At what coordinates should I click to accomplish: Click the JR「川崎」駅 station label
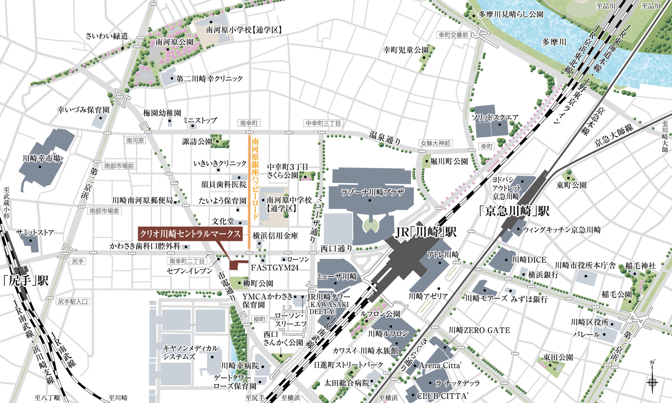[426, 232]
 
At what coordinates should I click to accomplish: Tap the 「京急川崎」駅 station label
[514, 211]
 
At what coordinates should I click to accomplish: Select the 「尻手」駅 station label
[26, 280]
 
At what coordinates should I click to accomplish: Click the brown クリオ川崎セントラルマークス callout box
[190, 234]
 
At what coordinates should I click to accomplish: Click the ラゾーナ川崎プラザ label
[372, 192]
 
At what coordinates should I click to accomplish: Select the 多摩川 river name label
[554, 42]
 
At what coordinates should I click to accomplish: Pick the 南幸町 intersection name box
[249, 123]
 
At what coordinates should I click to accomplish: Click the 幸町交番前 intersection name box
[453, 35]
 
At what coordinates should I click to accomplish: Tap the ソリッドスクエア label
[495, 118]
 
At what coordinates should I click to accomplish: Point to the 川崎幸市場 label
[41, 159]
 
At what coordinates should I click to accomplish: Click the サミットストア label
[35, 232]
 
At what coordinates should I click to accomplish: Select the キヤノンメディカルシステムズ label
[190, 352]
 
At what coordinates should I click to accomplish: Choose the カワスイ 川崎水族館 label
[365, 351]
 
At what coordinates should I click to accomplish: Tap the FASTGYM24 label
[274, 268]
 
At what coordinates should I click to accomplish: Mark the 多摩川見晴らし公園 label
[511, 14]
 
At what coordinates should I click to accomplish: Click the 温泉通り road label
[385, 137]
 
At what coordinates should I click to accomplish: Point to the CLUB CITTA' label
[442, 396]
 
